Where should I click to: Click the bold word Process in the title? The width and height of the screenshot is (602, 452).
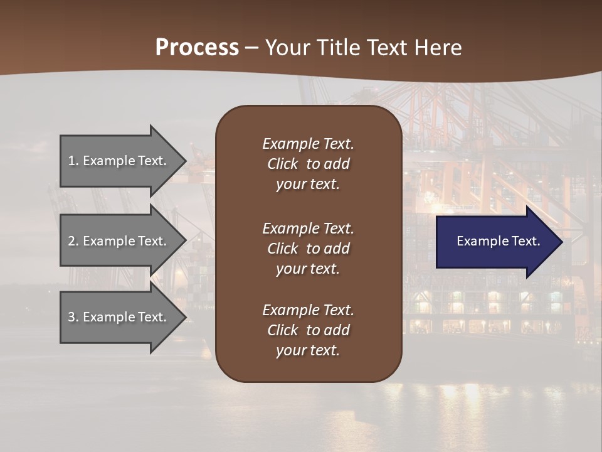pos(197,48)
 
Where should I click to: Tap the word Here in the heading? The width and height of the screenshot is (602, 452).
pos(438,48)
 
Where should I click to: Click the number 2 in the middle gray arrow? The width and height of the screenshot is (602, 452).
pos(71,241)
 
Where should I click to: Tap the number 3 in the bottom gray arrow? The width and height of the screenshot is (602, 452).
pos(71,317)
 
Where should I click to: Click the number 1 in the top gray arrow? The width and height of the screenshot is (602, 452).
pos(71,161)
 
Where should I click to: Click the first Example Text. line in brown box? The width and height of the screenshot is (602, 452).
pos(308,144)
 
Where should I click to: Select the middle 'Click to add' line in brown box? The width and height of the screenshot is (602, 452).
pos(308,249)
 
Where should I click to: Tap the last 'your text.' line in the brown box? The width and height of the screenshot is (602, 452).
pos(308,351)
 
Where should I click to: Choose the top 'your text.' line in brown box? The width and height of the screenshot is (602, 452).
pos(308,185)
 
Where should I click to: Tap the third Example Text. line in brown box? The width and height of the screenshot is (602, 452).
pos(308,310)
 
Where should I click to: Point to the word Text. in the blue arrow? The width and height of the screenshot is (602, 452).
pos(524,241)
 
